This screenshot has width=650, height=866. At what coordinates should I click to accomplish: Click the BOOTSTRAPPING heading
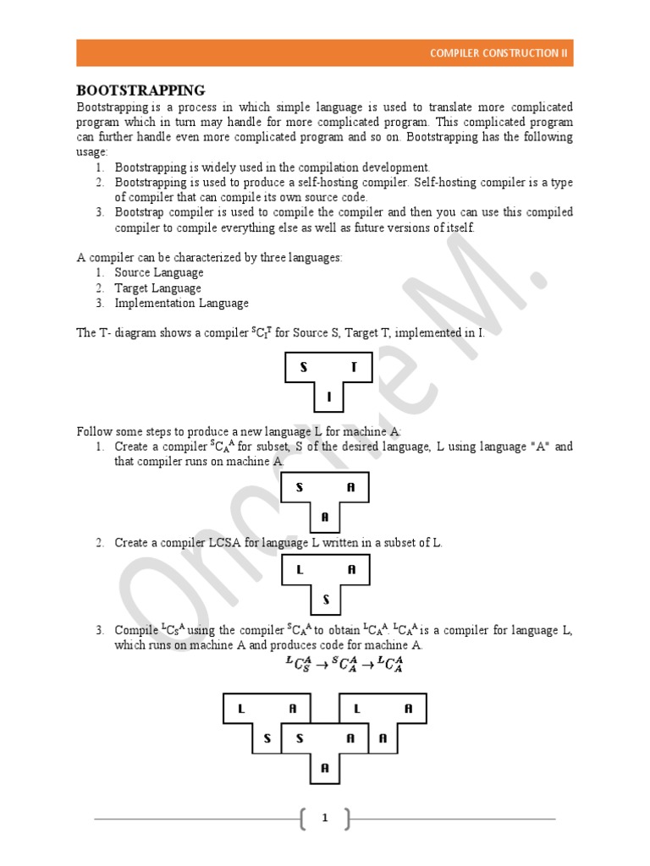click(140, 90)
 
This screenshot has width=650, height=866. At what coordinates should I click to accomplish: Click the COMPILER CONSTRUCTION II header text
click(499, 53)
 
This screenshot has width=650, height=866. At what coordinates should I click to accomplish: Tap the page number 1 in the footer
click(325, 818)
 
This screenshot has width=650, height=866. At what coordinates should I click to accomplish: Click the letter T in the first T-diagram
click(354, 367)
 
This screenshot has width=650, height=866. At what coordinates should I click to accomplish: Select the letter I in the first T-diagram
click(329, 397)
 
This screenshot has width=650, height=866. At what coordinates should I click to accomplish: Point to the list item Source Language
click(159, 272)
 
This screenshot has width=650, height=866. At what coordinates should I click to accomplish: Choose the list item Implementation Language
click(181, 303)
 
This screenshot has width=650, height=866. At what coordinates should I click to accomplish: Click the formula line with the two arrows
click(344, 664)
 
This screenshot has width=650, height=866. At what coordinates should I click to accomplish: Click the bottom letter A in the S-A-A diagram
click(325, 517)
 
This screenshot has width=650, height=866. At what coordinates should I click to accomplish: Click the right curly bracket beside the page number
click(345, 818)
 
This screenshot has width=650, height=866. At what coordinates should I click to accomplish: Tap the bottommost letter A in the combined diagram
click(325, 769)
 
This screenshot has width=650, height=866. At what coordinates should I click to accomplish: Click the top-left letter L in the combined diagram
click(241, 709)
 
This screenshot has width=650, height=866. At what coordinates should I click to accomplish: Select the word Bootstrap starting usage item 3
click(140, 212)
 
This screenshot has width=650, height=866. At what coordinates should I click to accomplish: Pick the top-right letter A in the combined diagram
click(409, 709)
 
